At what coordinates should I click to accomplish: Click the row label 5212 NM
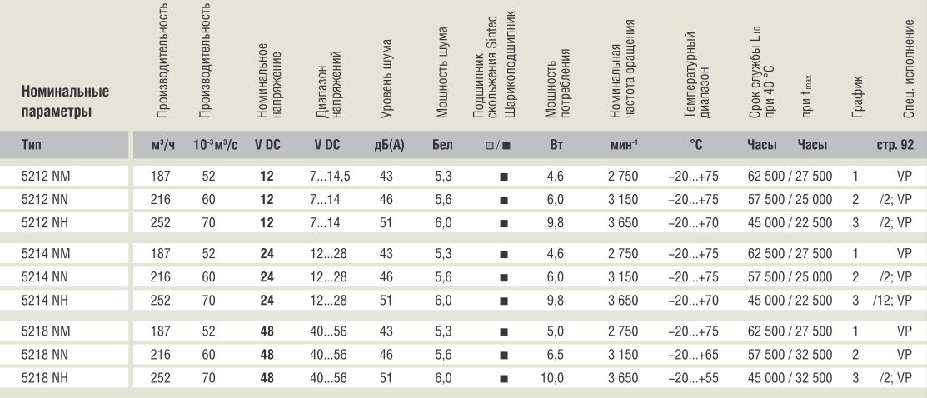pos(49,177)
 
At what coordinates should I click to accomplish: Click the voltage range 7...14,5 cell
pos(329,177)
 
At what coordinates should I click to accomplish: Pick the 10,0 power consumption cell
pos(548,378)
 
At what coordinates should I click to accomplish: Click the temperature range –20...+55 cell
pos(693,378)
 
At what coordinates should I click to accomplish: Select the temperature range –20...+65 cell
pos(693,355)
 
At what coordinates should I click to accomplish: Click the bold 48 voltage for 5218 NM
pos(267,331)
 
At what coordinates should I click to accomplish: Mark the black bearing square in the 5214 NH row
pos(504,301)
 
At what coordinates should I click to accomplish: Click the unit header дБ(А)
pos(389,145)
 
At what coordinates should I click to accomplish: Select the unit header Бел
pos(442,145)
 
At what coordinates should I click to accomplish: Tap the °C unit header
pos(695,144)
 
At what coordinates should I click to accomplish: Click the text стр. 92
pos(895,146)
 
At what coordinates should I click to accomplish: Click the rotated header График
pos(857,96)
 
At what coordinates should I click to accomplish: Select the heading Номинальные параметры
pos(65,102)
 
